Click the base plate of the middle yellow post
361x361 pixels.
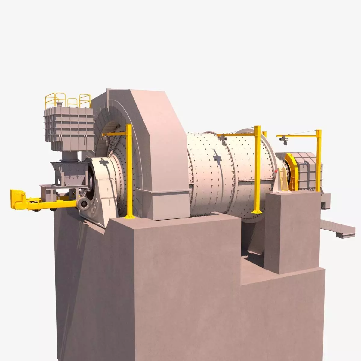pos(257,211)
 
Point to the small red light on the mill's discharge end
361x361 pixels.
pos(276,171)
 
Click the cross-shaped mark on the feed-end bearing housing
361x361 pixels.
pos(103,162)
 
